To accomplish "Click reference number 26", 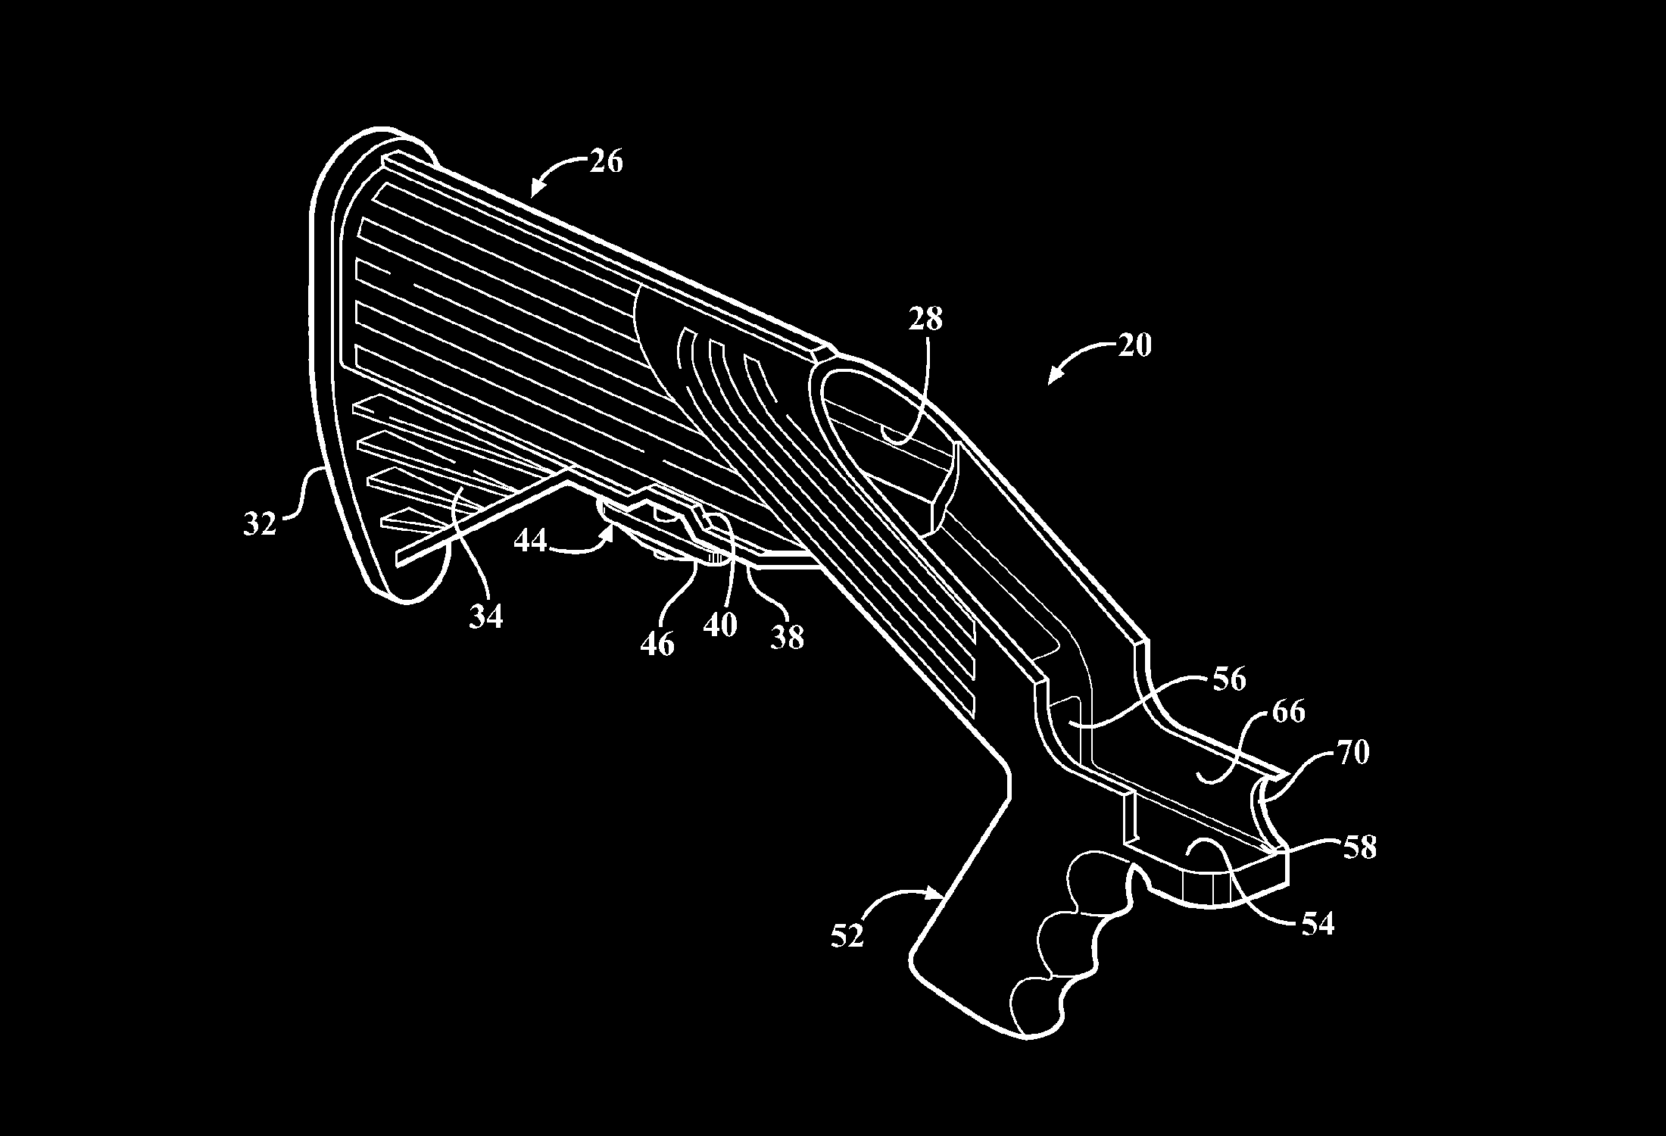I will tap(605, 161).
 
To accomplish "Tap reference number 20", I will tap(1134, 345).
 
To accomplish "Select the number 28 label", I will tap(925, 319).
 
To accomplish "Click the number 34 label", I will tap(485, 617).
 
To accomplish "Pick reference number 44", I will tap(530, 541).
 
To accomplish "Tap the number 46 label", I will tap(657, 644).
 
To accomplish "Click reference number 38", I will tap(787, 637).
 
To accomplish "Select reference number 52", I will tap(847, 936).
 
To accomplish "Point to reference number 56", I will tap(1228, 679).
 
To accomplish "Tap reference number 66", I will tap(1289, 712).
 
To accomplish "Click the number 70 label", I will tap(1353, 754).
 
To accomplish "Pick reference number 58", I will tap(1359, 847).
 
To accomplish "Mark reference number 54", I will tap(1317, 923).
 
